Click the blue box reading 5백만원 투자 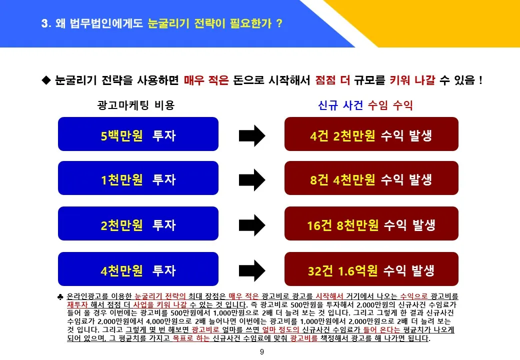pos(138,134)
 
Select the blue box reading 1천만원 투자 pos(138,178)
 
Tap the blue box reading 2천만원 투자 pos(138,223)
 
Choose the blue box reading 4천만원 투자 pos(138,269)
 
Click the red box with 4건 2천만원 pos(371,134)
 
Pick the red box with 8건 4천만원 pos(371,178)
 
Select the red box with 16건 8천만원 pos(371,223)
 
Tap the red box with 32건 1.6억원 pos(371,269)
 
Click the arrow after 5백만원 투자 pos(252,135)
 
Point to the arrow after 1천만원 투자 pos(252,179)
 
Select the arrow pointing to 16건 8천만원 pos(252,225)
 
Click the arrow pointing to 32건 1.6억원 pos(252,270)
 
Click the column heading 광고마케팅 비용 pos(136,105)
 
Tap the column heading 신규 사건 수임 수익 pos(365,105)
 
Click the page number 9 pos(262,351)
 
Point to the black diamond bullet pos(46,80)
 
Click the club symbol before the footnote pos(60,296)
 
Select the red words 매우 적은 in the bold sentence pos(206,80)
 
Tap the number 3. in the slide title pos(46,23)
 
